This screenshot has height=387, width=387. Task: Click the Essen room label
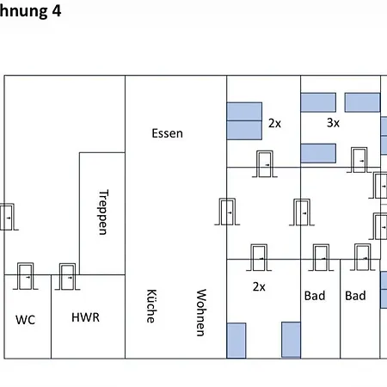(167, 133)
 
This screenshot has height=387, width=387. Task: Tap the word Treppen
(103, 212)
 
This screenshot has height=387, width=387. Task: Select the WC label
(25, 320)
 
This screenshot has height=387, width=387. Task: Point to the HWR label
(85, 317)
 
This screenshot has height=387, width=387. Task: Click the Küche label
(151, 306)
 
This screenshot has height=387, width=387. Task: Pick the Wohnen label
(201, 312)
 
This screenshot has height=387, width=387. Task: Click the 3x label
(333, 123)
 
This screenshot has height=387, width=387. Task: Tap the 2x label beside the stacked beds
(274, 123)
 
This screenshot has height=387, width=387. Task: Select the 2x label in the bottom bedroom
(259, 286)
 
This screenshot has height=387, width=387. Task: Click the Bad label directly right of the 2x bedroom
(315, 296)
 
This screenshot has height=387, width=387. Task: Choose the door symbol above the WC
(26, 276)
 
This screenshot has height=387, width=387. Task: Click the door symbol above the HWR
(67, 277)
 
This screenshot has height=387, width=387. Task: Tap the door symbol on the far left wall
(7, 217)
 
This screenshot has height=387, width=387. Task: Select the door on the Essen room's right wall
(227, 212)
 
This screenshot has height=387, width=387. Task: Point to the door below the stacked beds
(265, 164)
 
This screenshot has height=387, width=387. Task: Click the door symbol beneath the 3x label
(359, 160)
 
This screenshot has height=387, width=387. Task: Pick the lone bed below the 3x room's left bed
(318, 153)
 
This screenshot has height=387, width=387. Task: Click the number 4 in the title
(57, 11)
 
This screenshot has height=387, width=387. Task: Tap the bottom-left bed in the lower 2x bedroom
(236, 341)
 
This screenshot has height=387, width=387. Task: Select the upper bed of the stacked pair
(244, 112)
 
